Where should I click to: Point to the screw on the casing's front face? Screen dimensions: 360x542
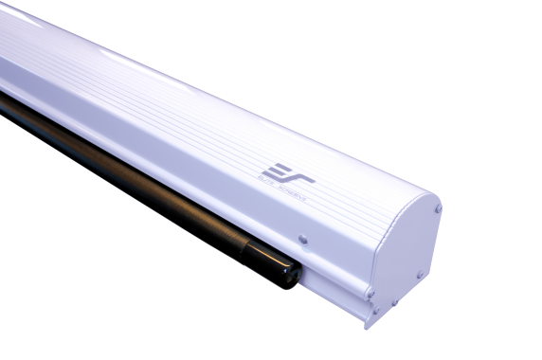click(x=302, y=240)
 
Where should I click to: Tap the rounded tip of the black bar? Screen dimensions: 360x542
click(x=295, y=277)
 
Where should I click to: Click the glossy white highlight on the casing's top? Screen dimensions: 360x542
click(x=57, y=38)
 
